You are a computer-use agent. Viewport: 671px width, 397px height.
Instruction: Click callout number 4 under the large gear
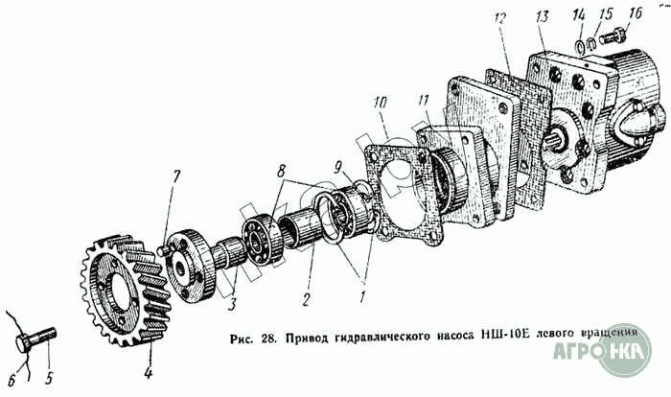(148, 365)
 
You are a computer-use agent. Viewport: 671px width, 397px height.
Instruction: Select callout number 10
(381, 101)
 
